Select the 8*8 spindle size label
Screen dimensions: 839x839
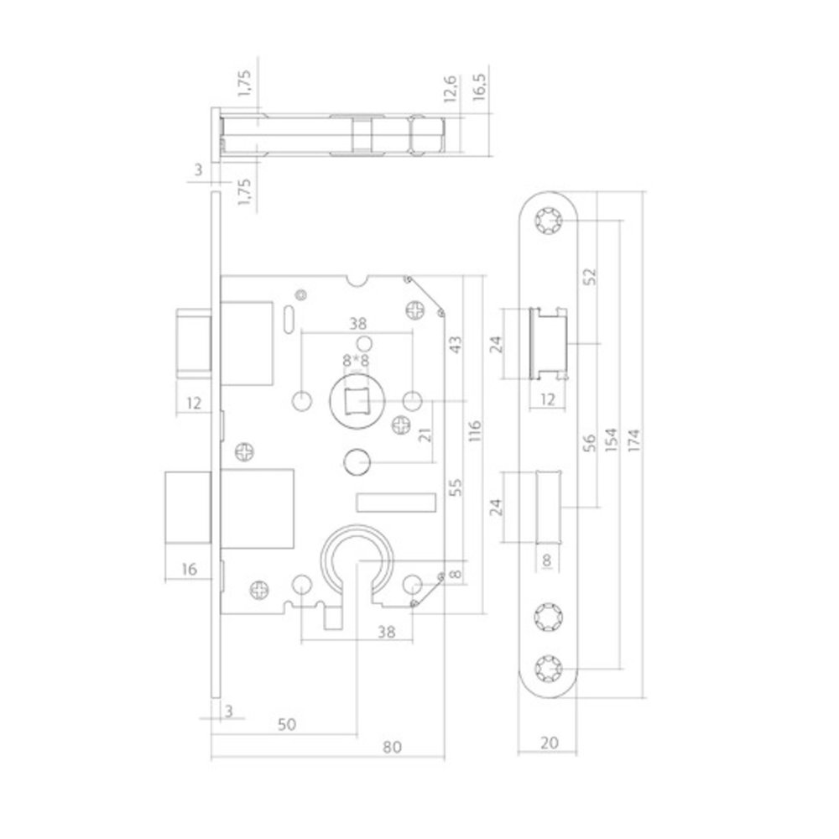(x=356, y=360)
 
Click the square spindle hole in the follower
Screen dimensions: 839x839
(x=357, y=402)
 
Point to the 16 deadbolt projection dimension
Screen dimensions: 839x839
(x=189, y=569)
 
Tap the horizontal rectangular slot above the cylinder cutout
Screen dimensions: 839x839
(x=396, y=502)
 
